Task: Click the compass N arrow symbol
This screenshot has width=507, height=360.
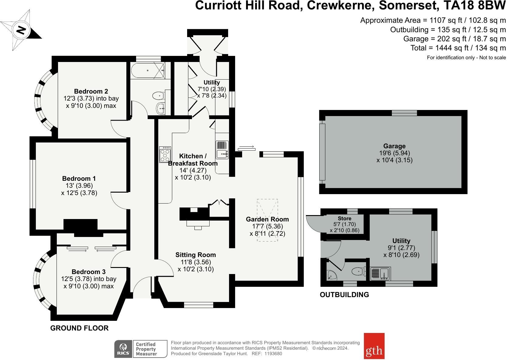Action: (21, 30)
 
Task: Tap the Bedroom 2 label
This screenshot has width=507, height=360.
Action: (91, 91)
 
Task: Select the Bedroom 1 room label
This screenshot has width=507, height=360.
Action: (79, 178)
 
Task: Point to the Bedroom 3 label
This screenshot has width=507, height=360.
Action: (89, 272)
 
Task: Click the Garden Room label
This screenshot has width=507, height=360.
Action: (267, 219)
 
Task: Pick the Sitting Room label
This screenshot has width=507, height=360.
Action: (196, 255)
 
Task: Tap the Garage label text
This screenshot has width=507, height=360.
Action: (394, 146)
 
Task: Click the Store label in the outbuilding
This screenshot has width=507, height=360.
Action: (344, 218)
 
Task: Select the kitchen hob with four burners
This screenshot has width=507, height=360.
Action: (165, 155)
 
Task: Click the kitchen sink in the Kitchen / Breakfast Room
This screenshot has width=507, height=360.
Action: (222, 150)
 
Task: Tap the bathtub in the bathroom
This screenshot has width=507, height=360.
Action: (148, 70)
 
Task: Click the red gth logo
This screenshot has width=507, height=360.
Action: (374, 346)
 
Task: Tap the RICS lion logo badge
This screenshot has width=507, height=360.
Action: (123, 349)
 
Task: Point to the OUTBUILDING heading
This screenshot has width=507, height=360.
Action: (344, 294)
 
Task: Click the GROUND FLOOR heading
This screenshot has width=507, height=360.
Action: (79, 328)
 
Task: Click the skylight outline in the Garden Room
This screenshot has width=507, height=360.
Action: (267, 220)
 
